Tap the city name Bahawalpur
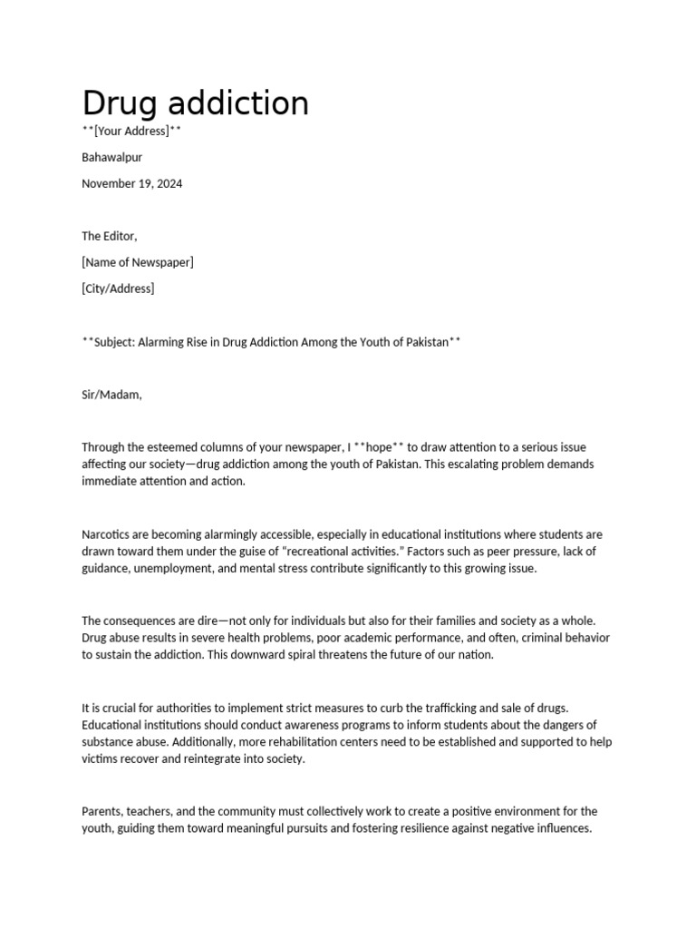click(111, 157)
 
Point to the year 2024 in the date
click(168, 183)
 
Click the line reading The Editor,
click(109, 236)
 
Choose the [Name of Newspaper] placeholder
click(137, 262)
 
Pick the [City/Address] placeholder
click(118, 288)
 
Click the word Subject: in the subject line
click(118, 341)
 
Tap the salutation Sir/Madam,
click(111, 394)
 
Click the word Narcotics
click(108, 534)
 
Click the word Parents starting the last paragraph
click(102, 812)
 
